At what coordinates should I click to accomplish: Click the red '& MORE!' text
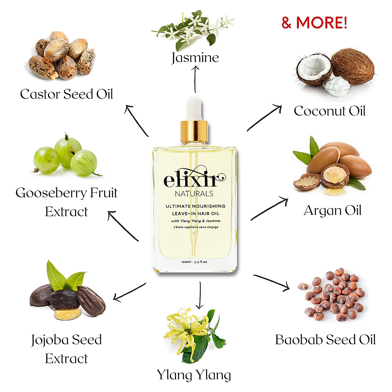click(314, 23)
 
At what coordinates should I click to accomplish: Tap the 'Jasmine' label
click(195, 57)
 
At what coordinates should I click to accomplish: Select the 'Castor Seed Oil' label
click(66, 94)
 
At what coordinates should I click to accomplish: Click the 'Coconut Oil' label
click(329, 111)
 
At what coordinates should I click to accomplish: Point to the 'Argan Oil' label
click(332, 210)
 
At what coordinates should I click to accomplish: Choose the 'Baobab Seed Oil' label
click(325, 340)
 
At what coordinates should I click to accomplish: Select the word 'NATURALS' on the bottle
click(194, 194)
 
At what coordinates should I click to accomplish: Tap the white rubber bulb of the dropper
click(194, 108)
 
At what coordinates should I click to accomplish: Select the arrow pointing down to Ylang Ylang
click(200, 296)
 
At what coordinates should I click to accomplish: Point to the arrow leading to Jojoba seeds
click(129, 292)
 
